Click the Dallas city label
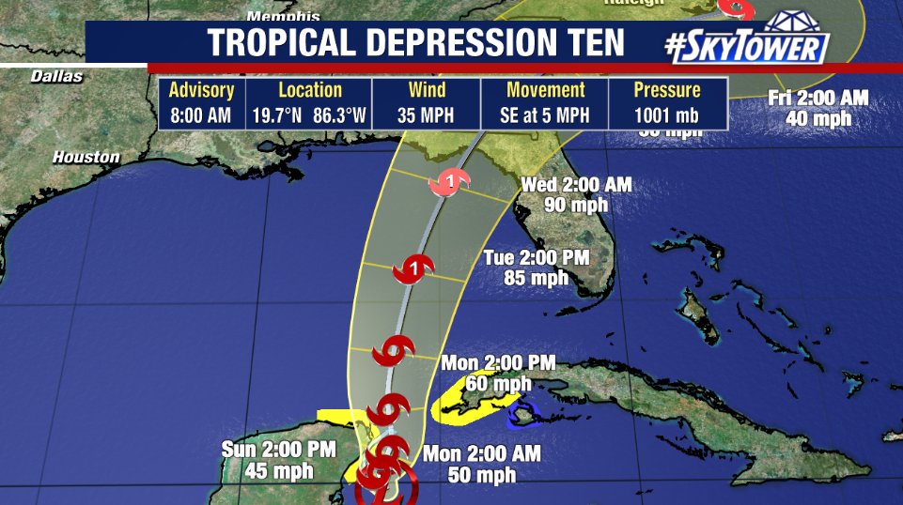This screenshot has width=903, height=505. [x=56, y=76]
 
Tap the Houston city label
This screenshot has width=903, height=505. [x=86, y=158]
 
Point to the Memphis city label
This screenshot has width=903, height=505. [x=283, y=16]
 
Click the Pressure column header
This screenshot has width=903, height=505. [x=667, y=91]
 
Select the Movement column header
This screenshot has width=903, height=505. [x=545, y=91]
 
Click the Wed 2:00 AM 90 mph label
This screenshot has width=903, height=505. [x=577, y=195]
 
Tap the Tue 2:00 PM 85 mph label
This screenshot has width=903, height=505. [x=527, y=268]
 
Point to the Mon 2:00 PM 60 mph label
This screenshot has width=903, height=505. [x=499, y=373]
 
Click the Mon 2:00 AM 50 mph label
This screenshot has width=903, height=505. [x=482, y=464]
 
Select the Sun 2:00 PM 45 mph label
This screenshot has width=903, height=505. [x=278, y=459]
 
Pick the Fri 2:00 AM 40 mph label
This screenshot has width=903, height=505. [x=818, y=108]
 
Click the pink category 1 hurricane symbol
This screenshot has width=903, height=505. [x=449, y=183]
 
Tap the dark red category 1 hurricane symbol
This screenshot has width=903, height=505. [x=417, y=268]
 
